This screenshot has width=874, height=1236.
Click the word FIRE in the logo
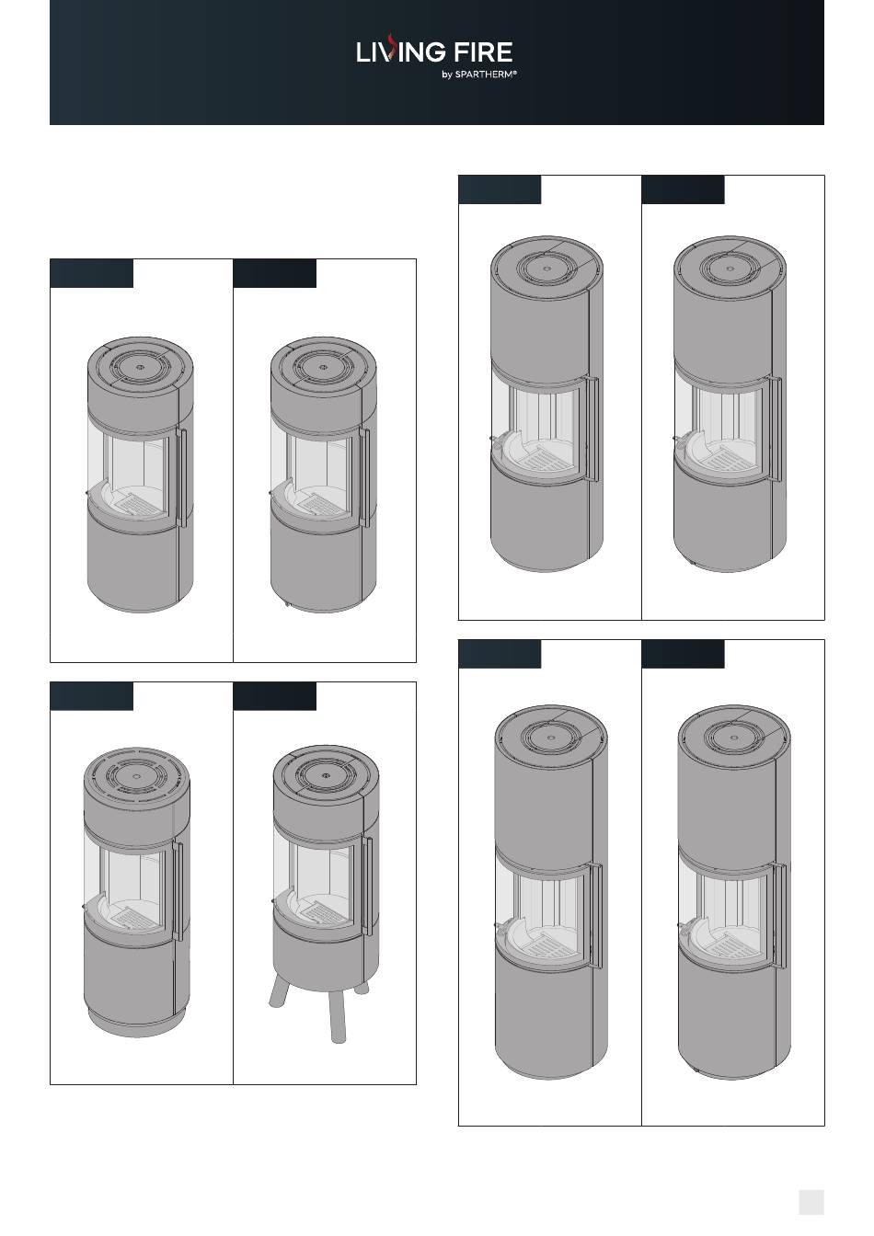click(483, 51)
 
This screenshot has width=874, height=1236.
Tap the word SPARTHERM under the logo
click(486, 74)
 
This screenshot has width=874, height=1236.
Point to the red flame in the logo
click(390, 45)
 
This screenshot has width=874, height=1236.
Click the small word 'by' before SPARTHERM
click(447, 75)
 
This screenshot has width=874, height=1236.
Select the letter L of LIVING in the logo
click(362, 51)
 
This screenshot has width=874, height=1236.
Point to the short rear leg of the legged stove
click(362, 987)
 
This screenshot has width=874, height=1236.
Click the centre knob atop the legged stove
click(327, 774)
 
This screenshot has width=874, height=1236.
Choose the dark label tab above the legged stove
click(274, 696)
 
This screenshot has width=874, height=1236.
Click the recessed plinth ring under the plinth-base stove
click(136, 1024)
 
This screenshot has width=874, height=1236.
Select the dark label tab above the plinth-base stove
click(92, 696)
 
